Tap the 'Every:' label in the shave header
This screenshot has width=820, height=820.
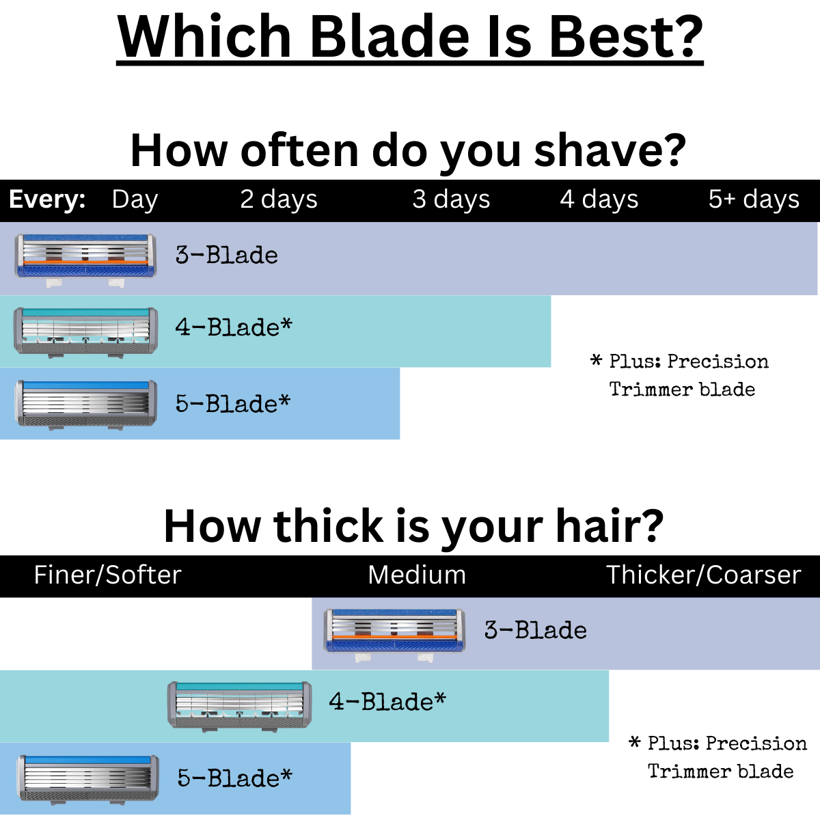pyautogui.click(x=47, y=199)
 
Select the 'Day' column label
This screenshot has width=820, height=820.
pyautogui.click(x=135, y=200)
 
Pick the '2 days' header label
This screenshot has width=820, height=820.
pyautogui.click(x=279, y=200)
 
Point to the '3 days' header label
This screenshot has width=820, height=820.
pyautogui.click(x=451, y=200)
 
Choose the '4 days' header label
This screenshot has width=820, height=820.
pyautogui.click(x=599, y=200)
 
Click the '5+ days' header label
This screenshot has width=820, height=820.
pyautogui.click(x=754, y=200)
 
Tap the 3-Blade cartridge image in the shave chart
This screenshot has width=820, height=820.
pyautogui.click(x=85, y=260)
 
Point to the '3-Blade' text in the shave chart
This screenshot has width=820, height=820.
pyautogui.click(x=226, y=256)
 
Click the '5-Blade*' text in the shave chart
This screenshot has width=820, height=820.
pyautogui.click(x=233, y=403)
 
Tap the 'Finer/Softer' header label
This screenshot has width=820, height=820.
pyautogui.click(x=108, y=575)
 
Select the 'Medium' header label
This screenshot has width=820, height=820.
pyautogui.click(x=417, y=575)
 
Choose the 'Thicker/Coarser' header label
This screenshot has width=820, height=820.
pyautogui.click(x=704, y=575)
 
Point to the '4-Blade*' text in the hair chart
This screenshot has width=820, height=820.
pyautogui.click(x=387, y=702)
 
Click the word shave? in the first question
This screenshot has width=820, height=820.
pyautogui.click(x=610, y=150)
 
